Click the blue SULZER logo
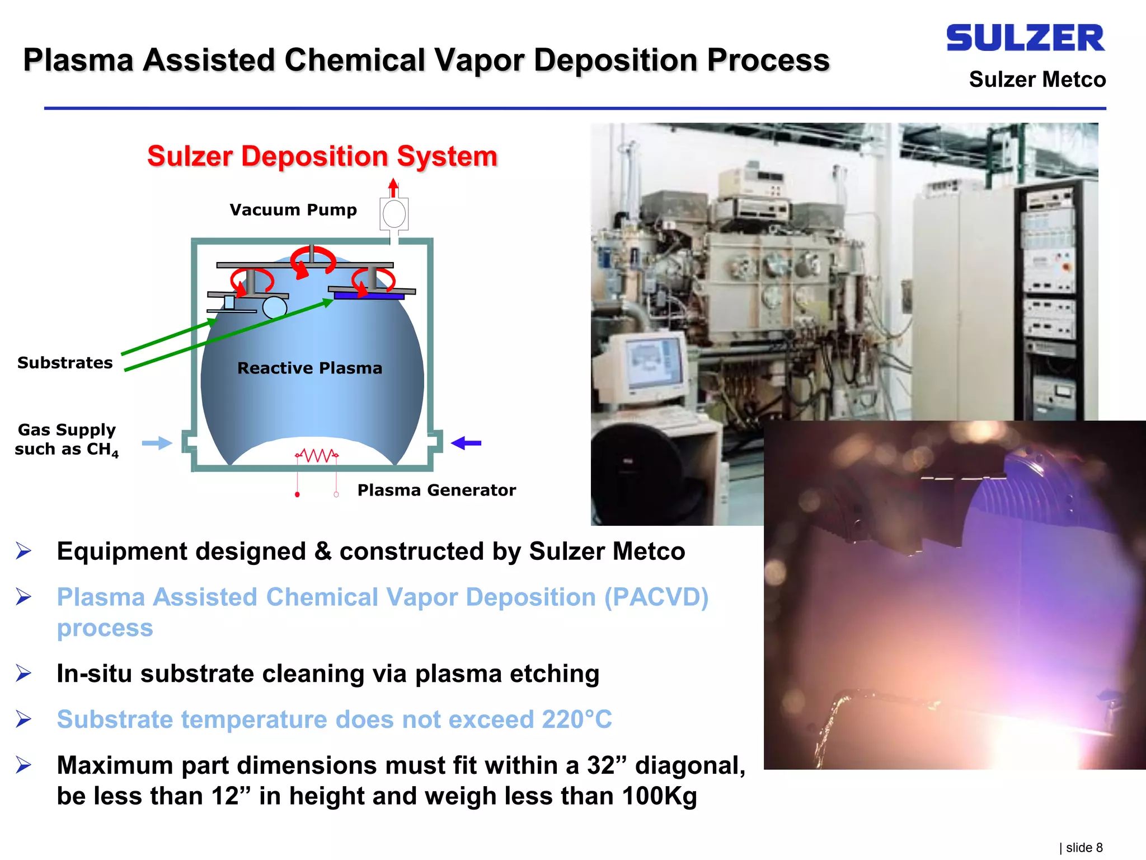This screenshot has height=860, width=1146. click(x=1025, y=38)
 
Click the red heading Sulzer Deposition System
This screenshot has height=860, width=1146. click(x=322, y=156)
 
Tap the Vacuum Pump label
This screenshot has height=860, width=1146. click(x=293, y=210)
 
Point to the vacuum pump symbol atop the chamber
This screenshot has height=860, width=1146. click(x=394, y=214)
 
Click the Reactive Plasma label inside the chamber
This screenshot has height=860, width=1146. click(x=309, y=368)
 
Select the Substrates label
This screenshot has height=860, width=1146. click(x=65, y=363)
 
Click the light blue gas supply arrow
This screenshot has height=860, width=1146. click(x=157, y=443)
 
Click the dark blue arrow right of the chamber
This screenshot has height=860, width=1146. click(x=466, y=443)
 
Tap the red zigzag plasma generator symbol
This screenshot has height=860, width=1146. click(x=317, y=455)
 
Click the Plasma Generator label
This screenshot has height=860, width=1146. click(x=436, y=490)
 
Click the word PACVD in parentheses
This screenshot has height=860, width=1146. click(x=656, y=597)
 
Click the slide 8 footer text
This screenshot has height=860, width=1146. click(x=1082, y=848)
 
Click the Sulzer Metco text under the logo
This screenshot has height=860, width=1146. click(x=1037, y=80)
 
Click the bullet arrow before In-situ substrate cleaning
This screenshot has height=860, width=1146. click(x=24, y=673)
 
